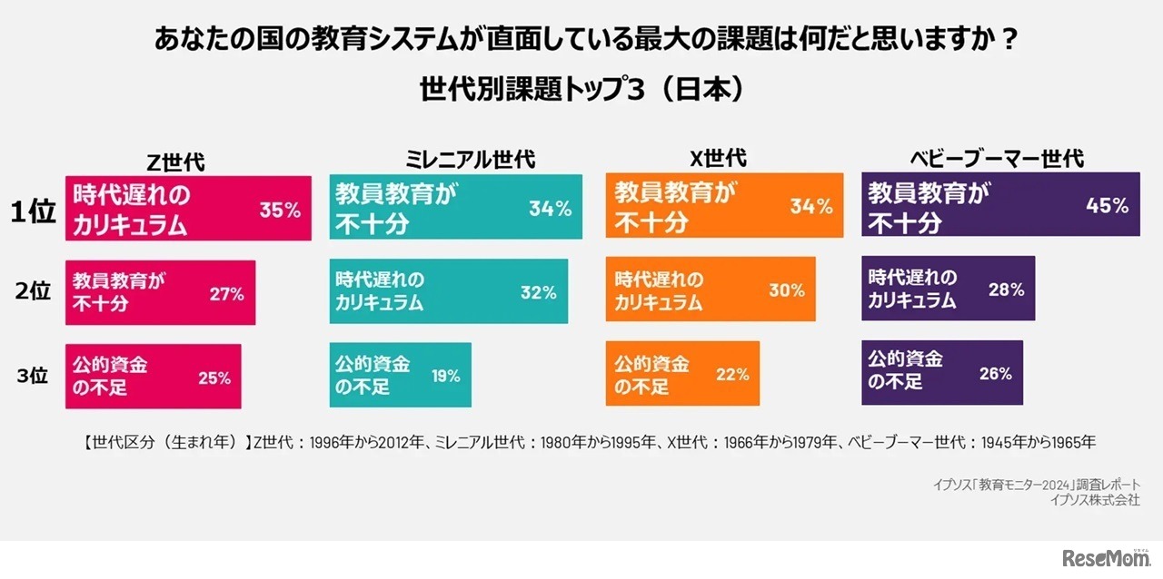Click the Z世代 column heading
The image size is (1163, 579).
(176, 162)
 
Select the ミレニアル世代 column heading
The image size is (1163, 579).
(469, 160)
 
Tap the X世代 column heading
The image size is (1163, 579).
(718, 159)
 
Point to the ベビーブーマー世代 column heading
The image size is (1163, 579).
(997, 159)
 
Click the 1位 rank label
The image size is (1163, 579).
(34, 211)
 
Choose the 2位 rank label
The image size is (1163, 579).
(34, 292)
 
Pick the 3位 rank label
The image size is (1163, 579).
(34, 375)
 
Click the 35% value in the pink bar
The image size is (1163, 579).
(280, 211)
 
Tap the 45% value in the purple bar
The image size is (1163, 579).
(1108, 206)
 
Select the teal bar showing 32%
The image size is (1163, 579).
(448, 291)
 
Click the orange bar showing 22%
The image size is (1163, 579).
(682, 374)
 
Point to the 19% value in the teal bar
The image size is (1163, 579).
(445, 376)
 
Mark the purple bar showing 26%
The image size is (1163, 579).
(942, 372)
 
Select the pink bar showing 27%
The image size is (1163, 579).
(160, 292)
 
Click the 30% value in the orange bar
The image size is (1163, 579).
(786, 290)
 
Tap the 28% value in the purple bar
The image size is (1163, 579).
(1006, 290)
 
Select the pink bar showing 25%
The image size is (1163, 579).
(153, 376)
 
